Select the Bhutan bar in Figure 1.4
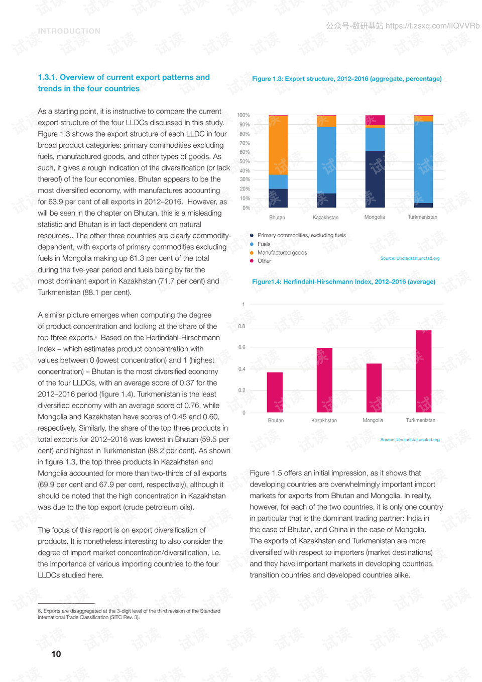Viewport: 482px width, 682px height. (x=275, y=392)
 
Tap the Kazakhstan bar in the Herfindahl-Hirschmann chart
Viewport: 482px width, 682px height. (x=324, y=380)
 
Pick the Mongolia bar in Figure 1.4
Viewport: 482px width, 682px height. (x=374, y=387)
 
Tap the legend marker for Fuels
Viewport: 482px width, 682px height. (x=252, y=244)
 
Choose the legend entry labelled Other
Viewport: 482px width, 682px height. (x=264, y=261)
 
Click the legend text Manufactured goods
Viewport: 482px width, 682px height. (x=282, y=253)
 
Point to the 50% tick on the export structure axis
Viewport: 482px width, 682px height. (x=245, y=161)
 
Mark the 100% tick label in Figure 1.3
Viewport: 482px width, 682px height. (x=244, y=115)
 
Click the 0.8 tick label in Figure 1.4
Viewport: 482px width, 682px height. (x=242, y=326)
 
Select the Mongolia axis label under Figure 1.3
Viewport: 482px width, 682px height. (x=375, y=217)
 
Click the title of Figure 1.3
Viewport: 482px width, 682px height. (x=346, y=79)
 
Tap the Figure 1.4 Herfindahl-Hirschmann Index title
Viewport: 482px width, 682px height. (x=343, y=282)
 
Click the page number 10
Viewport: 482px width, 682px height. (x=56, y=654)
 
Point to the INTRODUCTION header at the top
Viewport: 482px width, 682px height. (x=69, y=31)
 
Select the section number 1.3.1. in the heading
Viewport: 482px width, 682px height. (x=48, y=77)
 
